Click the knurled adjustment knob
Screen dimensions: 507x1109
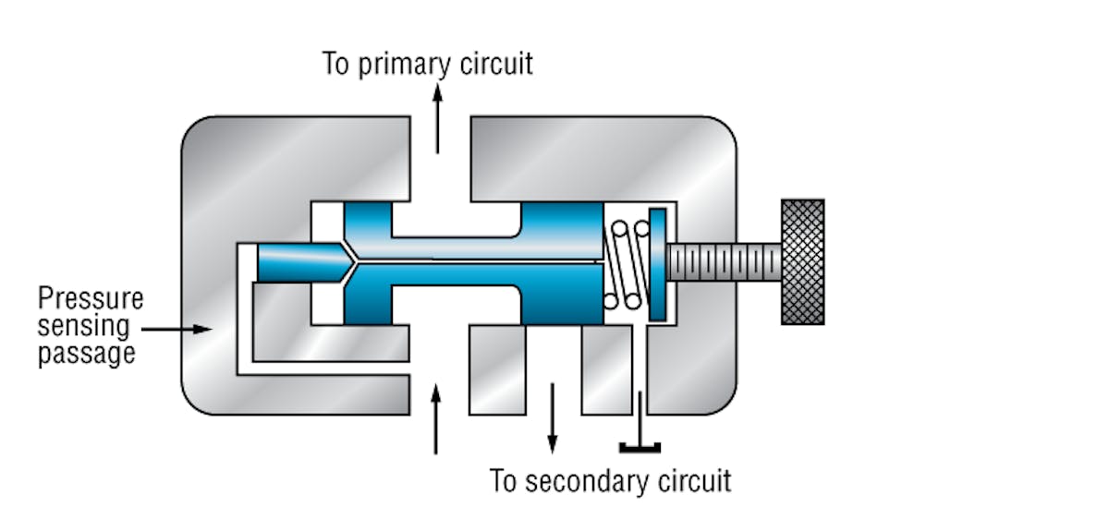coord(802,261)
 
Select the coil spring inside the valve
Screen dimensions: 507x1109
coord(626,263)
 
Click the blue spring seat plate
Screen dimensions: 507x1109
coord(657,264)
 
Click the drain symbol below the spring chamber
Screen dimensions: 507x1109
coord(640,448)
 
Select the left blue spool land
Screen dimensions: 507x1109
coord(367,263)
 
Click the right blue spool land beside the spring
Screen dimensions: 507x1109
coord(562,263)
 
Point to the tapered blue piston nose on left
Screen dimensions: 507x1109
coord(296,262)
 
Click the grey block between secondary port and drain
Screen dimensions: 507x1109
coord(605,369)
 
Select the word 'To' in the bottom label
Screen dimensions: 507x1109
coord(503,481)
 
